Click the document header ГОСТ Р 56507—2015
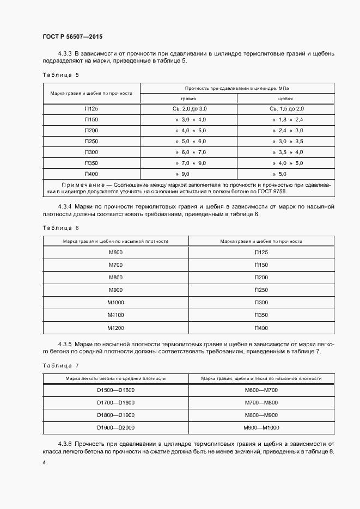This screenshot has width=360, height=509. [x=72, y=37]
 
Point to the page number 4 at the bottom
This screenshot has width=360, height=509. [x=44, y=462]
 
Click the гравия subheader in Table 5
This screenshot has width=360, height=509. [x=188, y=99]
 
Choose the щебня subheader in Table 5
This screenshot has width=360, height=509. [x=285, y=99]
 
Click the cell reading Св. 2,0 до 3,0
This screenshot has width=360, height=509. [x=188, y=109]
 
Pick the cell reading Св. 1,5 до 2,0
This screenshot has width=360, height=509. [x=285, y=109]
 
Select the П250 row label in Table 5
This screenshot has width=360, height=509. [x=91, y=142]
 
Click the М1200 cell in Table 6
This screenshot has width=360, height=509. [x=115, y=328]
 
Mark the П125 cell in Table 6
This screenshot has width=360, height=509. [x=261, y=253]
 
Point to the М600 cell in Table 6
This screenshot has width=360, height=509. [x=115, y=253]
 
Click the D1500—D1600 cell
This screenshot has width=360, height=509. [x=115, y=390]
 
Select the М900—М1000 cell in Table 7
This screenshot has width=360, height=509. [x=261, y=427]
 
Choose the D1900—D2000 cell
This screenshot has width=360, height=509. [x=115, y=427]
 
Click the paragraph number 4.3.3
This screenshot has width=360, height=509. [x=64, y=53]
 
